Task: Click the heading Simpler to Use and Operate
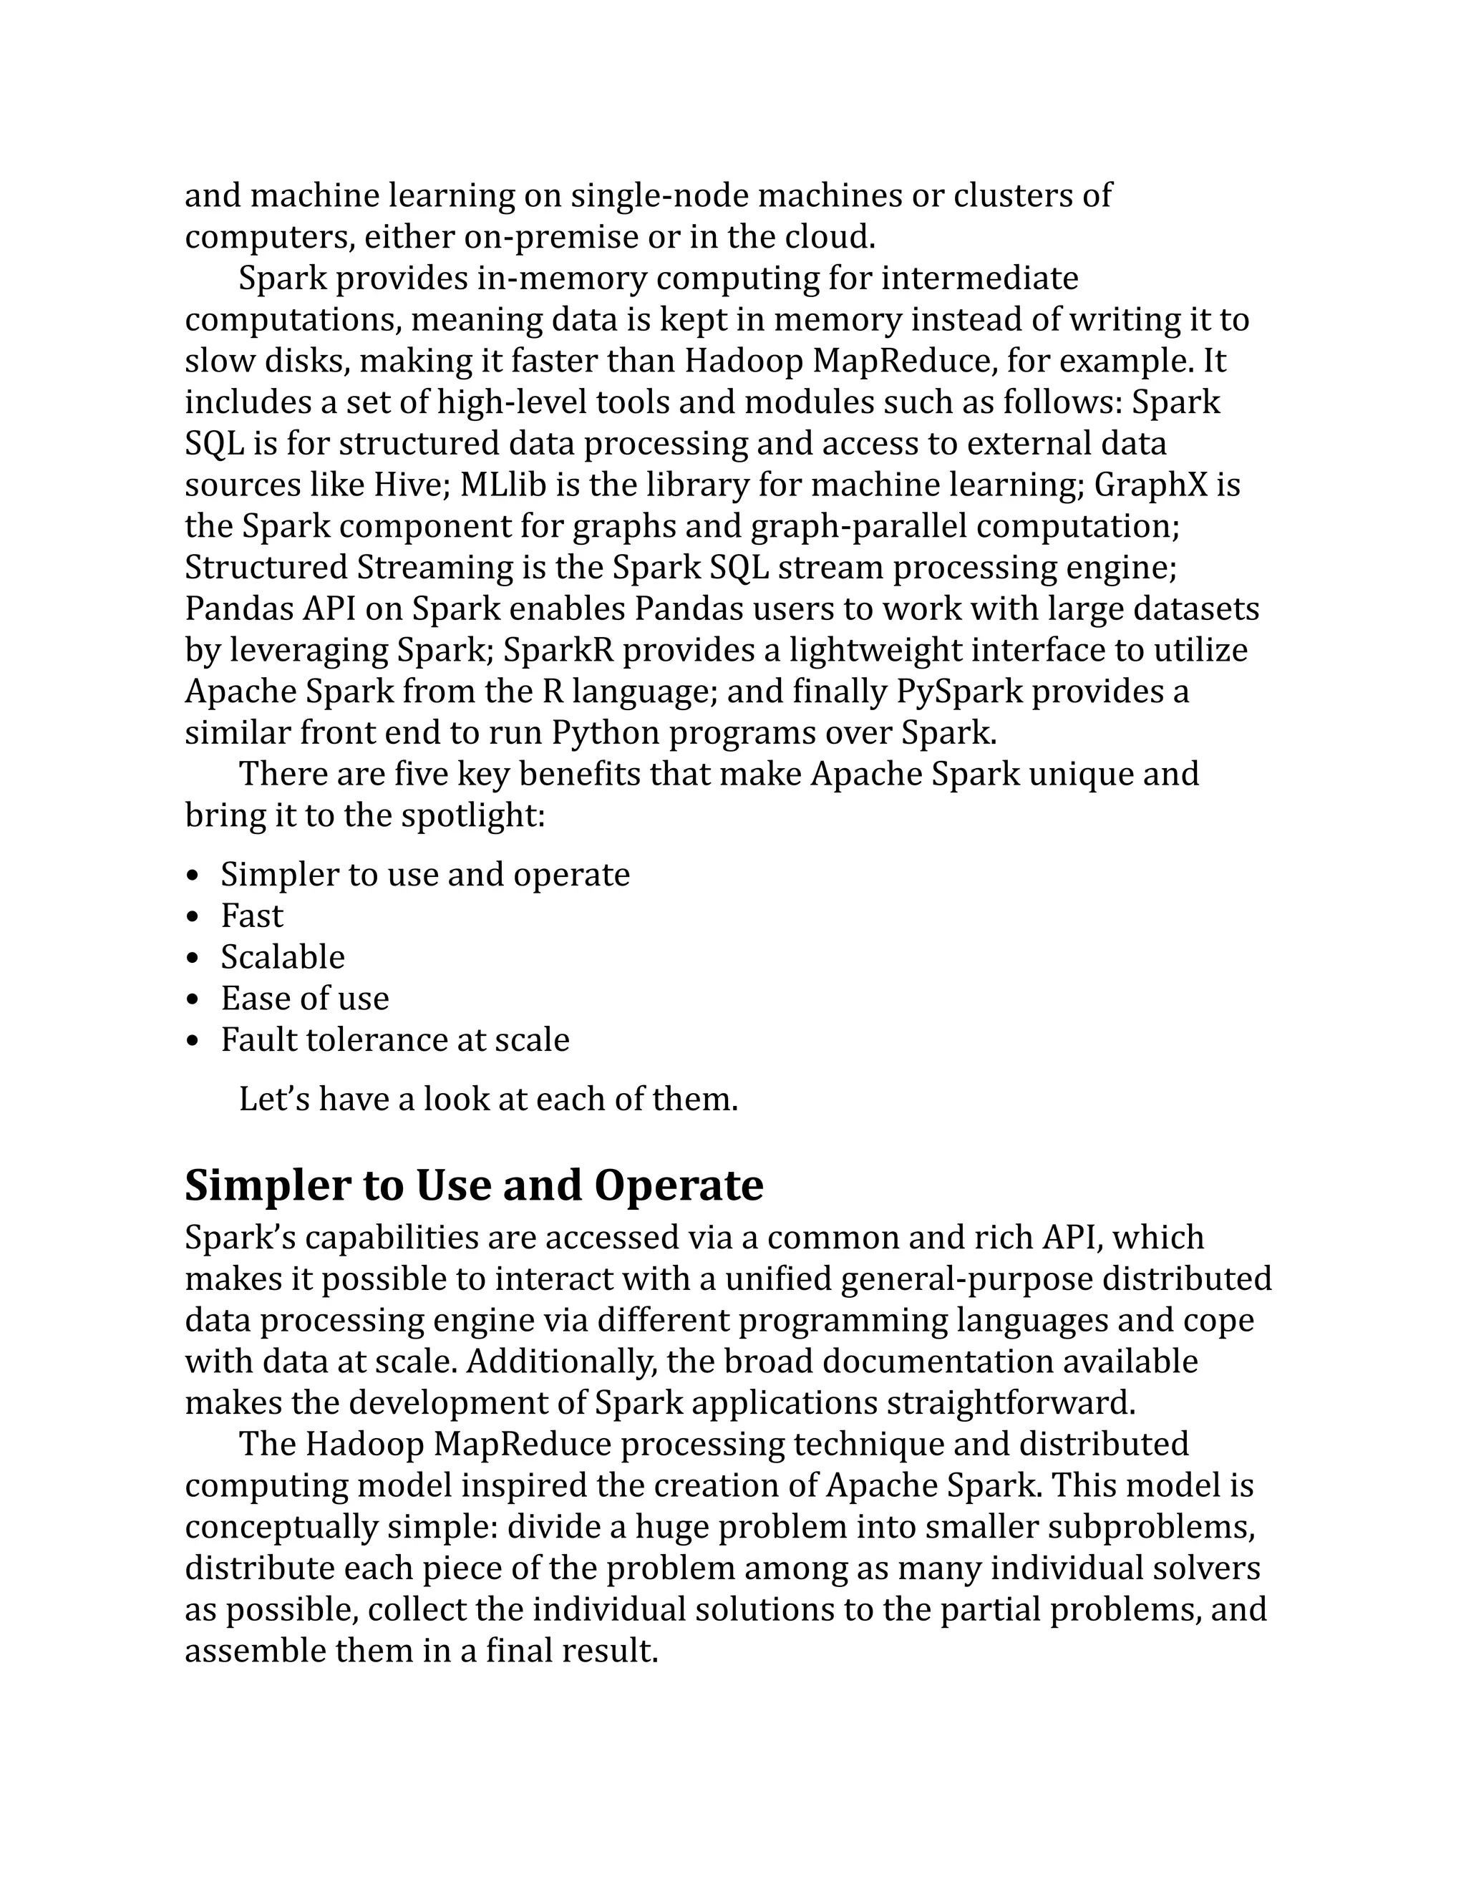pos(473,1185)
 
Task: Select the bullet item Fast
pos(252,916)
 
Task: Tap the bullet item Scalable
pos(282,957)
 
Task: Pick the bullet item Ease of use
pos(304,999)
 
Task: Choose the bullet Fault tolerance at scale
pos(394,1039)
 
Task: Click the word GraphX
pos(1150,485)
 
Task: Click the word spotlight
pos(472,815)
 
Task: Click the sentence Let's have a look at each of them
pos(488,1100)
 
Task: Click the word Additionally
pos(562,1361)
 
